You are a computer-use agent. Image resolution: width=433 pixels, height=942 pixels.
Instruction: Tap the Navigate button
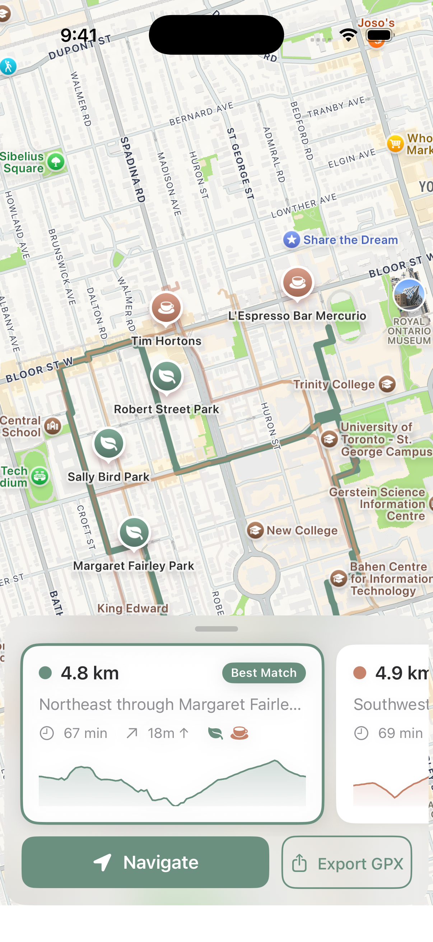pyautogui.click(x=145, y=862)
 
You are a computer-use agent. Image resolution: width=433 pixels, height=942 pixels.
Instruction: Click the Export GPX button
pyautogui.click(x=346, y=863)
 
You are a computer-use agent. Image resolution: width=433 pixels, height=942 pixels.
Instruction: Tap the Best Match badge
pyautogui.click(x=264, y=673)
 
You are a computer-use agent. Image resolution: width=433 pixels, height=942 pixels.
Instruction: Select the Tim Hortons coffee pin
pyautogui.click(x=166, y=308)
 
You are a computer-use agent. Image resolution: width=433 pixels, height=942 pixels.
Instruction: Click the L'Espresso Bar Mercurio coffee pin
pyautogui.click(x=297, y=282)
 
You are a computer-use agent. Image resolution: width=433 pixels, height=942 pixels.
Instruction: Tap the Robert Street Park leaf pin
pyautogui.click(x=167, y=376)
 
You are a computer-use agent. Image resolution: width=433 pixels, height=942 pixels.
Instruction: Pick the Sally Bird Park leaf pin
pyautogui.click(x=109, y=444)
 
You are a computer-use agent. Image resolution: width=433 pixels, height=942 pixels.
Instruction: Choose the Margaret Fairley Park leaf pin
pyautogui.click(x=134, y=532)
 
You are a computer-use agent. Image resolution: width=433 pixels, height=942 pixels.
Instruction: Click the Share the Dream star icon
pyautogui.click(x=292, y=240)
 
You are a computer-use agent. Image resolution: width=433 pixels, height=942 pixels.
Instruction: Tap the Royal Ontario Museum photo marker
pyautogui.click(x=409, y=294)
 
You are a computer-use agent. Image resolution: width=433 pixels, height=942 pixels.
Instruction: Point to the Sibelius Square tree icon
pyautogui.click(x=56, y=162)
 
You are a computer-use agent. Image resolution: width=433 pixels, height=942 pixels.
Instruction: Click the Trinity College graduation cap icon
pyautogui.click(x=387, y=384)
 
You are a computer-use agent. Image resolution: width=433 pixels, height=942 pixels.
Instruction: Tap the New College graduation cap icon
pyautogui.click(x=255, y=530)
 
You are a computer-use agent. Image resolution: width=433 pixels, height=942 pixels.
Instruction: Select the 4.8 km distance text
pyautogui.click(x=90, y=673)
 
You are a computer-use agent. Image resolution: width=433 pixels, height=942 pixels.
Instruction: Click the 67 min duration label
pyautogui.click(x=85, y=733)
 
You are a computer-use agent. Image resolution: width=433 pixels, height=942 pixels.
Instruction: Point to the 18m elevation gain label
pyautogui.click(x=161, y=733)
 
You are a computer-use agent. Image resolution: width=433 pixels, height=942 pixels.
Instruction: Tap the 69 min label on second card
pyautogui.click(x=400, y=733)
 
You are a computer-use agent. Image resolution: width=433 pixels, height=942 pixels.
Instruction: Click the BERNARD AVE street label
pyautogui.click(x=201, y=114)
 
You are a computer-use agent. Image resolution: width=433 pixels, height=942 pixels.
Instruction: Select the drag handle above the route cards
pyautogui.click(x=216, y=629)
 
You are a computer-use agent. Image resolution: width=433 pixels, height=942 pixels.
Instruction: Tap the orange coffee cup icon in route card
pyautogui.click(x=239, y=733)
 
